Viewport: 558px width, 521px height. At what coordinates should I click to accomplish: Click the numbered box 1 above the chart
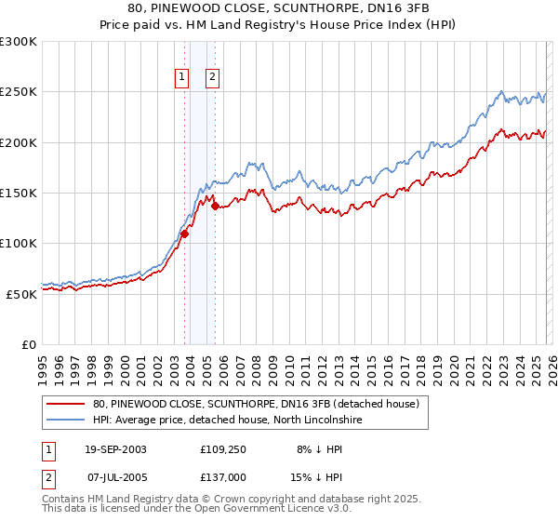tap(180, 77)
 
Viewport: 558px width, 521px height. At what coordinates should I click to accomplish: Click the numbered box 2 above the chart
tap(213, 77)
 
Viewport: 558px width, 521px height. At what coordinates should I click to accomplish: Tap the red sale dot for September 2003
tap(184, 234)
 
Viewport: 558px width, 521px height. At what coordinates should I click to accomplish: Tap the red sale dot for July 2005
tap(215, 206)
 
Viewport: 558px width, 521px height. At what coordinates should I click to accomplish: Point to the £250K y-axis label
tap(19, 92)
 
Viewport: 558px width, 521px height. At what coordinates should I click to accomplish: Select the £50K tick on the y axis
tap(22, 294)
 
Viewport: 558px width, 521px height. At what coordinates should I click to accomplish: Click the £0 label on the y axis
tap(30, 344)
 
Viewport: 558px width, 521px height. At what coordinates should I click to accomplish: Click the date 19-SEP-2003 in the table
tap(115, 448)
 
